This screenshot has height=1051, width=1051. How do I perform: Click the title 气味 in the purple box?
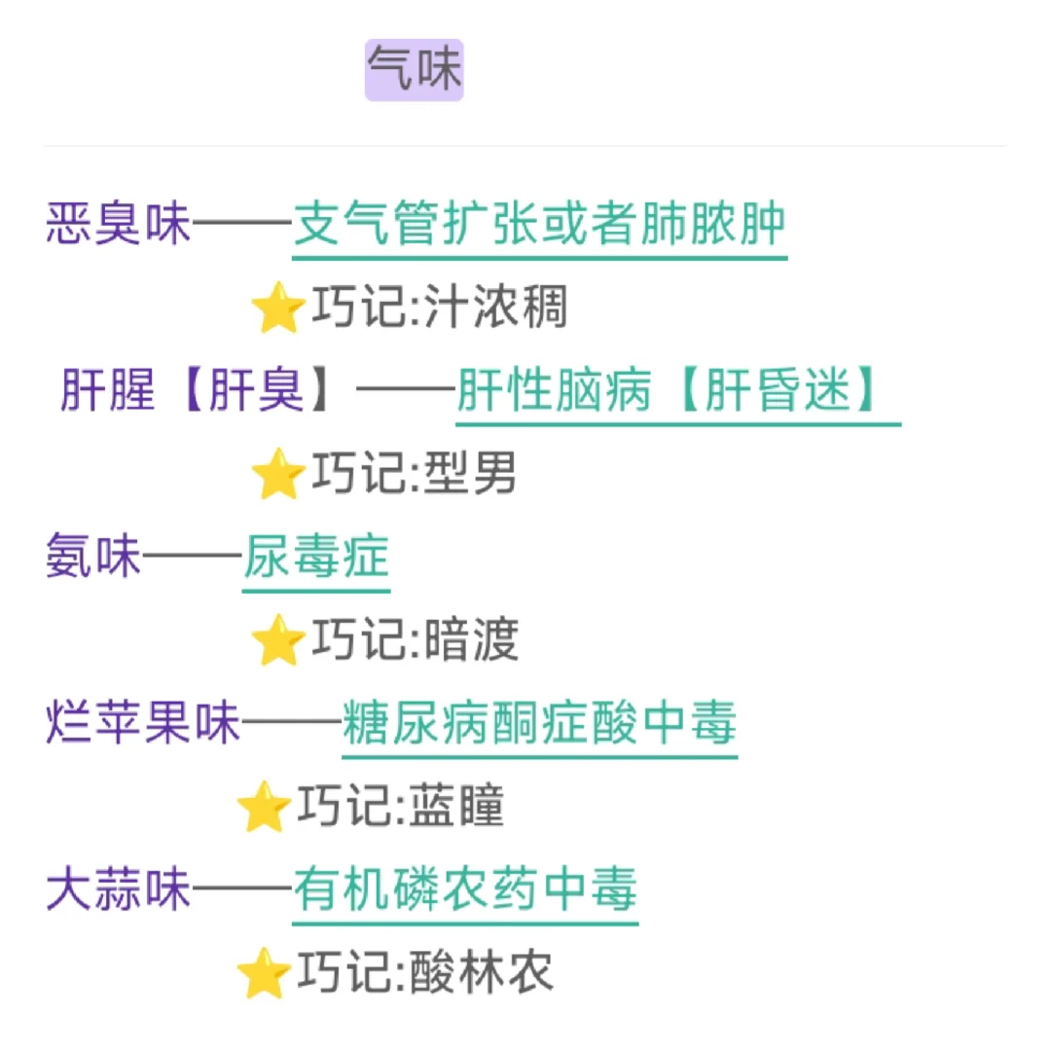tap(415, 70)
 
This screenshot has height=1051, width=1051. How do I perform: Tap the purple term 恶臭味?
tap(119, 225)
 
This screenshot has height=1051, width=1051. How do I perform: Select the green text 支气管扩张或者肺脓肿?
tap(539, 225)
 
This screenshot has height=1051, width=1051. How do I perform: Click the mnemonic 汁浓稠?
tap(496, 308)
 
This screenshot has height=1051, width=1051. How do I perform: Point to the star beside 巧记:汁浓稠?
tap(276, 308)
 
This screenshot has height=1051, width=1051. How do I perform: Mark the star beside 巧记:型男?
tap(276, 475)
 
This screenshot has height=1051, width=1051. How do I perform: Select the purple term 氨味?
tap(93, 559)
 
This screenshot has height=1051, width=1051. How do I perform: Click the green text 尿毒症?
tap(316, 559)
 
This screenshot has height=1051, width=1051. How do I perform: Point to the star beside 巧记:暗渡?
tap(276, 641)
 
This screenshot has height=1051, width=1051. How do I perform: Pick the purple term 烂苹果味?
tap(143, 724)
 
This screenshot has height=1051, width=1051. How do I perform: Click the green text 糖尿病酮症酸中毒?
tap(539, 724)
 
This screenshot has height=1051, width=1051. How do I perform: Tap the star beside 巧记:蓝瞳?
tap(263, 808)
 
